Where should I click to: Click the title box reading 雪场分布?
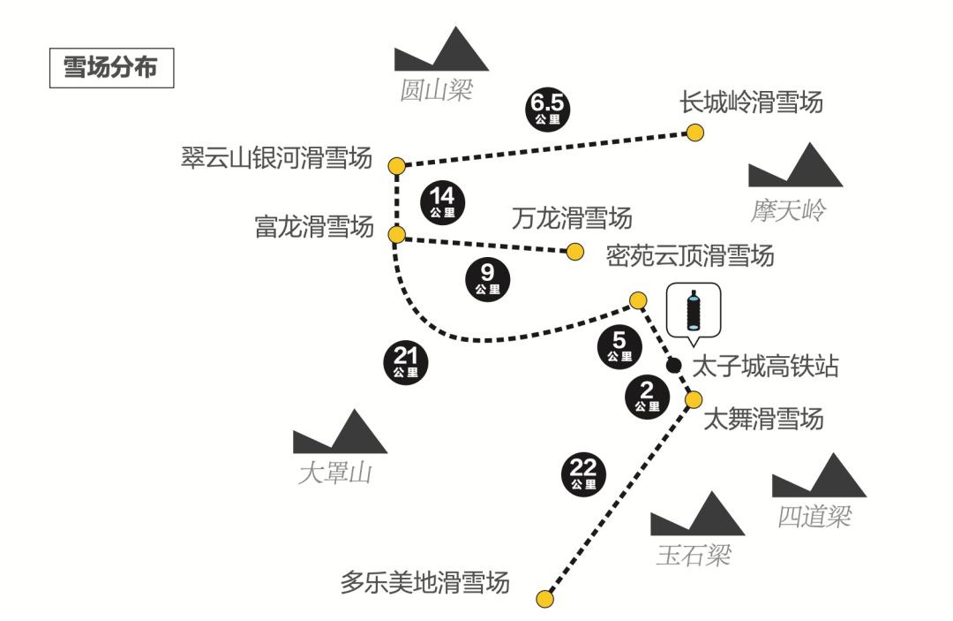click(x=111, y=67)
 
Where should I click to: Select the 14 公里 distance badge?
click(x=443, y=201)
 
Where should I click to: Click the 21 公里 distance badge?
click(x=406, y=362)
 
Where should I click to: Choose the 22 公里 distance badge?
click(x=583, y=474)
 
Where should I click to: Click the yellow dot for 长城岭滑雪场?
click(x=695, y=133)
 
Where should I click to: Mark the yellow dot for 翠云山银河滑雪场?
click(x=396, y=165)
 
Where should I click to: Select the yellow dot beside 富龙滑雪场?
click(x=396, y=234)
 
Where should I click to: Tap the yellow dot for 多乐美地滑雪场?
click(x=545, y=600)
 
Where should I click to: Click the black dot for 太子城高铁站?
click(x=673, y=365)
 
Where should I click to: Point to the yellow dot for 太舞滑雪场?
click(x=694, y=399)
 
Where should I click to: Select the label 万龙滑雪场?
click(x=572, y=217)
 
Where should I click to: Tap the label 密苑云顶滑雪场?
click(x=690, y=255)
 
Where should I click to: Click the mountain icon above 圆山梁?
click(x=441, y=51)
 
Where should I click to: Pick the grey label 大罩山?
click(x=335, y=473)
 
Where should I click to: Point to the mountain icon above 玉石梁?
click(x=697, y=516)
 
